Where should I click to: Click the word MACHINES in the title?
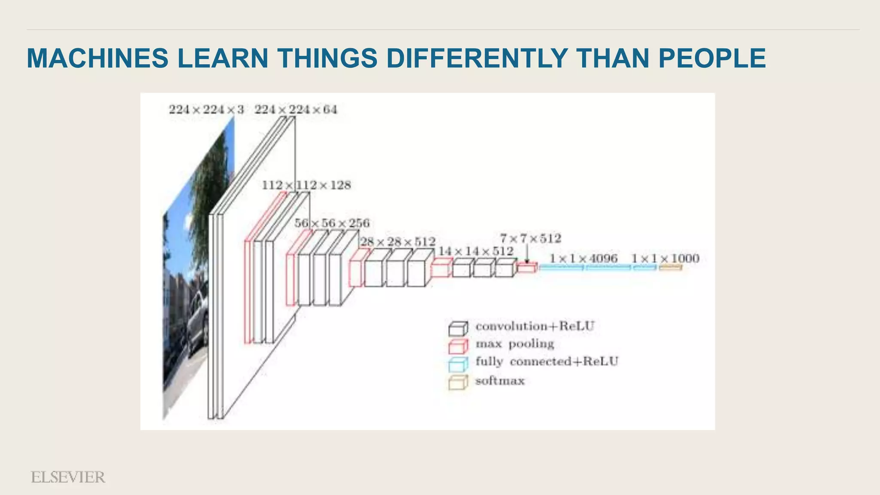97,58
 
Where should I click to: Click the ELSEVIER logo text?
68,477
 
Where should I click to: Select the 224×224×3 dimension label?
206,110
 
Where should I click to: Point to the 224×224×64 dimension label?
296,110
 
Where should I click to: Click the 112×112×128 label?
306,185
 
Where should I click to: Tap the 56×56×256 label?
332,223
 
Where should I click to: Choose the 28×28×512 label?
397,242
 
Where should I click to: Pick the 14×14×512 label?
475,251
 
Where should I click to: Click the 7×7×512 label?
530,238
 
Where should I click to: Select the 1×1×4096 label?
584,258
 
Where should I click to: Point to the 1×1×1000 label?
665,258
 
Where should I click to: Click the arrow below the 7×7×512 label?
527,254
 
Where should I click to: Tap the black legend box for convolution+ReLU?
458,329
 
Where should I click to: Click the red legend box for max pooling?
458,346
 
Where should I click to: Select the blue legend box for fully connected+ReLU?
458,364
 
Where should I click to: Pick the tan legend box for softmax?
458,382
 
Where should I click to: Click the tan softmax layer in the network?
670,268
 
